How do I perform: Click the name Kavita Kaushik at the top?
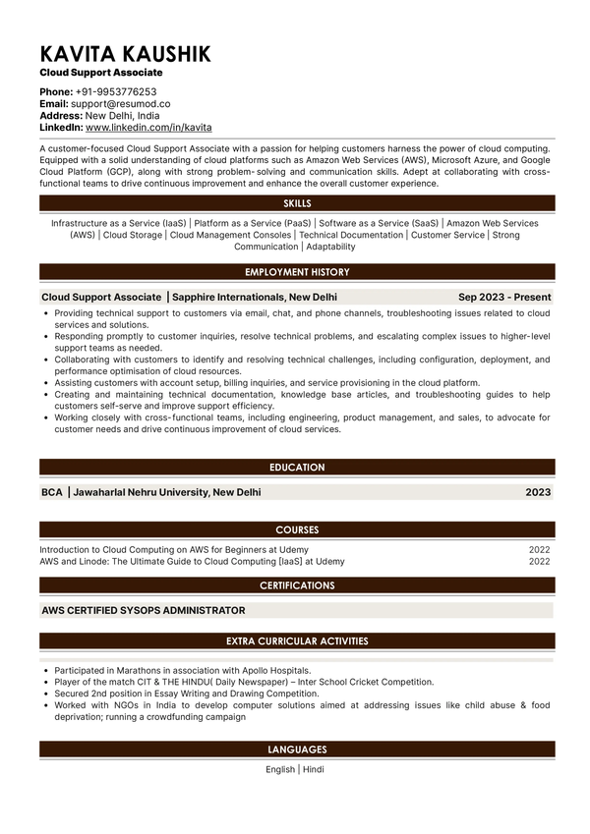click(125, 54)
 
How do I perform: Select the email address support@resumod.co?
click(121, 103)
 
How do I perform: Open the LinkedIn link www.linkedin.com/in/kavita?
click(148, 128)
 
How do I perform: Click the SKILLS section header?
click(297, 203)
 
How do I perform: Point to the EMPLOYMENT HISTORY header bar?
click(297, 272)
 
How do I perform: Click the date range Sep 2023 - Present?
click(504, 297)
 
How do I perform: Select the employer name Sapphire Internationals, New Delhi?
click(255, 297)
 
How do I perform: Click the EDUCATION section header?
click(297, 468)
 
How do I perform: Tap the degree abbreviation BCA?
click(52, 492)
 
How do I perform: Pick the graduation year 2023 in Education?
click(538, 492)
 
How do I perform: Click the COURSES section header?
click(297, 529)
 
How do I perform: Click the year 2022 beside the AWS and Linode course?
click(540, 562)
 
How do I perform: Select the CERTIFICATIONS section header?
click(297, 585)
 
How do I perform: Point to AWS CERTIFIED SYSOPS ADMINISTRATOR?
click(144, 610)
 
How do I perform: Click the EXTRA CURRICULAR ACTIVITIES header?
click(297, 641)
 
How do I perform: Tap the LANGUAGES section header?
click(297, 750)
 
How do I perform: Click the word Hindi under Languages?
click(314, 769)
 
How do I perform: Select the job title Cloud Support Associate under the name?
click(101, 73)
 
